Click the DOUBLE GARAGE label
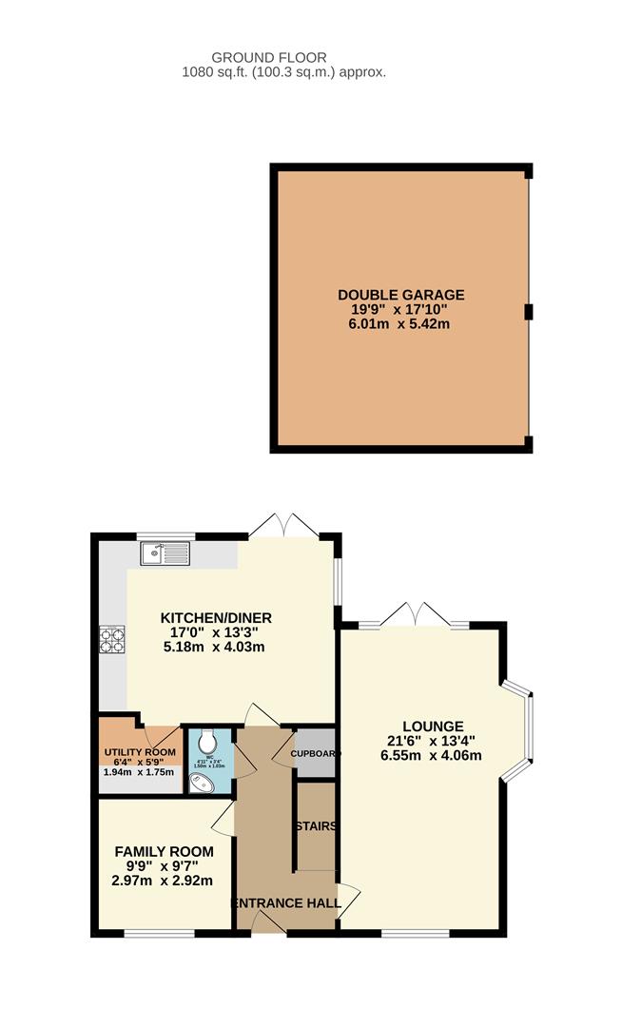coord(400,295)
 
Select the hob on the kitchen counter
coord(111,639)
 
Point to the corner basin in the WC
coord(201,782)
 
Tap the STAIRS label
coord(316,826)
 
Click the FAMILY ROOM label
coord(165,851)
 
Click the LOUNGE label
coord(433,726)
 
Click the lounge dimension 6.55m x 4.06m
coord(433,757)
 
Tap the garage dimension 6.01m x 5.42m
coord(400,324)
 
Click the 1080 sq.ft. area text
coord(284,72)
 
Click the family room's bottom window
coord(152,933)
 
